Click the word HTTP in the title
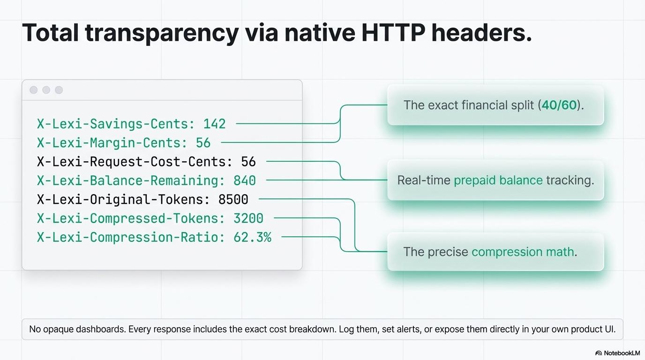pyautogui.click(x=393, y=32)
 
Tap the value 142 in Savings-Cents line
pyautogui.click(x=215, y=124)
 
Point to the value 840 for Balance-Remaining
pyautogui.click(x=245, y=180)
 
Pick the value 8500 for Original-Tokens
pyautogui.click(x=233, y=200)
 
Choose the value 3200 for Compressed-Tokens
pyautogui.click(x=248, y=218)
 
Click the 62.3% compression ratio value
pyautogui.click(x=252, y=237)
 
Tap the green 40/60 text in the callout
pyautogui.click(x=559, y=105)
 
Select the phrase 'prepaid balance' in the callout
pyautogui.click(x=498, y=180)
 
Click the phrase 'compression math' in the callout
pyautogui.click(x=523, y=252)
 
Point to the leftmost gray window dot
pyautogui.click(x=34, y=90)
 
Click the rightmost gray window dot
pyautogui.click(x=59, y=90)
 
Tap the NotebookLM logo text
pyautogui.click(x=622, y=353)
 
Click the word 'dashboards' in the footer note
pyautogui.click(x=101, y=329)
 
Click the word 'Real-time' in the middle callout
pyautogui.click(x=424, y=180)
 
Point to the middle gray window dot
pyautogui.click(x=46, y=90)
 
